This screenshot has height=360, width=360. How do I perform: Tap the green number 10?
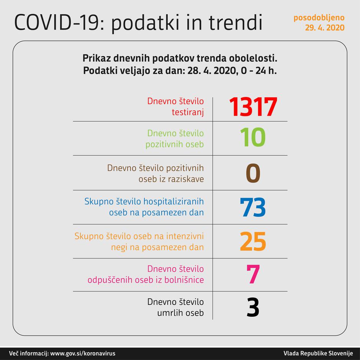[x=253, y=138]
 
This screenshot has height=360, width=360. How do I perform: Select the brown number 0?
[x=253, y=173]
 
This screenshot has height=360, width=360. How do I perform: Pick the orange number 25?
[x=253, y=241]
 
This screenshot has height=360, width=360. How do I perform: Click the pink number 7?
[x=253, y=275]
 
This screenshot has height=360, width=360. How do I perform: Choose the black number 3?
[x=253, y=307]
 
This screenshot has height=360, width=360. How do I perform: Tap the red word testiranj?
[x=187, y=112]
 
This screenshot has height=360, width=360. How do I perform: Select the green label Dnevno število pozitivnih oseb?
[x=175, y=139]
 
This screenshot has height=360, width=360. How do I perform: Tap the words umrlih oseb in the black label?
[x=180, y=313]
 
